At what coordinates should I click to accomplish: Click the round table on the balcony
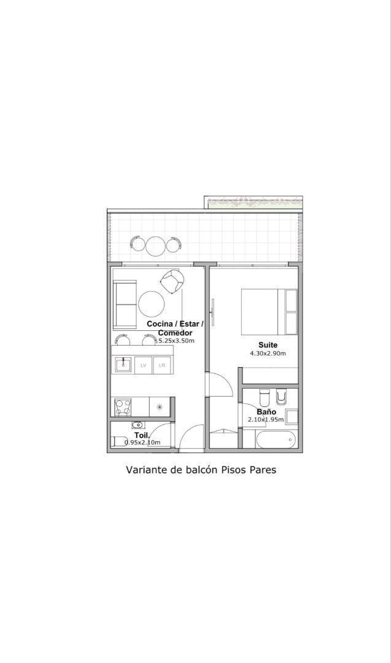[155, 244]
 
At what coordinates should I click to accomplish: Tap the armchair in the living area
[172, 281]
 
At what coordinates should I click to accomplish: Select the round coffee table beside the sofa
[152, 304]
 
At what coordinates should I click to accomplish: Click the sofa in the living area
[124, 304]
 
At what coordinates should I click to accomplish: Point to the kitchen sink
[123, 365]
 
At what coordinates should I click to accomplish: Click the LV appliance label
[143, 366]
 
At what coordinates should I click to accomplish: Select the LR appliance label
[162, 366]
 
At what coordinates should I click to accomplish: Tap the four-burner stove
[123, 407]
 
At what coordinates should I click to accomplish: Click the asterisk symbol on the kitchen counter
[160, 407]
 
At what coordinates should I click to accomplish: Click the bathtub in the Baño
[276, 440]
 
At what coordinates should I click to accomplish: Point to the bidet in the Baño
[281, 396]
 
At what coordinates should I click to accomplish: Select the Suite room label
[268, 345]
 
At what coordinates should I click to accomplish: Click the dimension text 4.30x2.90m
[268, 354]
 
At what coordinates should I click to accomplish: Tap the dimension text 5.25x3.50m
[176, 340]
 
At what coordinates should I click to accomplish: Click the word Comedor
[175, 333]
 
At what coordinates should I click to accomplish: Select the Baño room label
[266, 412]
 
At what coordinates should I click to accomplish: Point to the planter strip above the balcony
[254, 203]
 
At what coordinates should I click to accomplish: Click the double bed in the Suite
[269, 312]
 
